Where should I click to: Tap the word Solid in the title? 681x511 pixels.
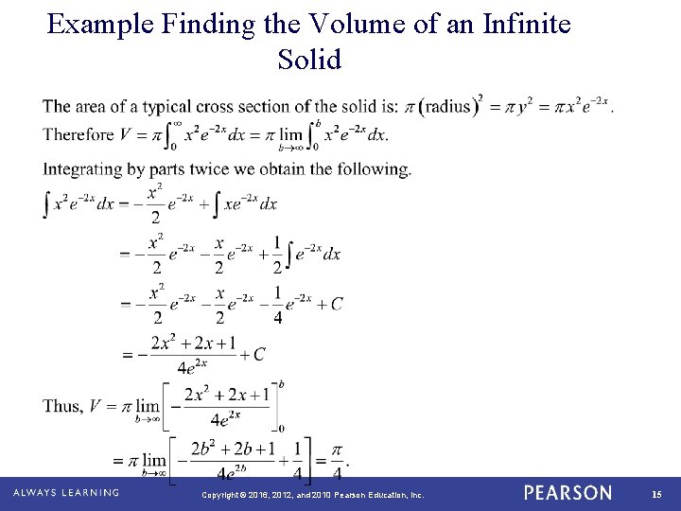(x=309, y=60)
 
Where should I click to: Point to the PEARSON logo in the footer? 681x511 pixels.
(x=567, y=493)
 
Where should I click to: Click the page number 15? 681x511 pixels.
(x=656, y=494)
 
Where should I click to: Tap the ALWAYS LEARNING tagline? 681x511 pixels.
(x=66, y=493)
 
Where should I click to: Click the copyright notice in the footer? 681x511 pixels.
(x=313, y=494)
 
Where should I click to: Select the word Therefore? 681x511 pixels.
(x=79, y=134)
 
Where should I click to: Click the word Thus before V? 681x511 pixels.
(x=62, y=406)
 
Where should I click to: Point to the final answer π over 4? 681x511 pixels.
(x=336, y=462)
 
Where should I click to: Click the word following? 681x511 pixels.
(x=375, y=170)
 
